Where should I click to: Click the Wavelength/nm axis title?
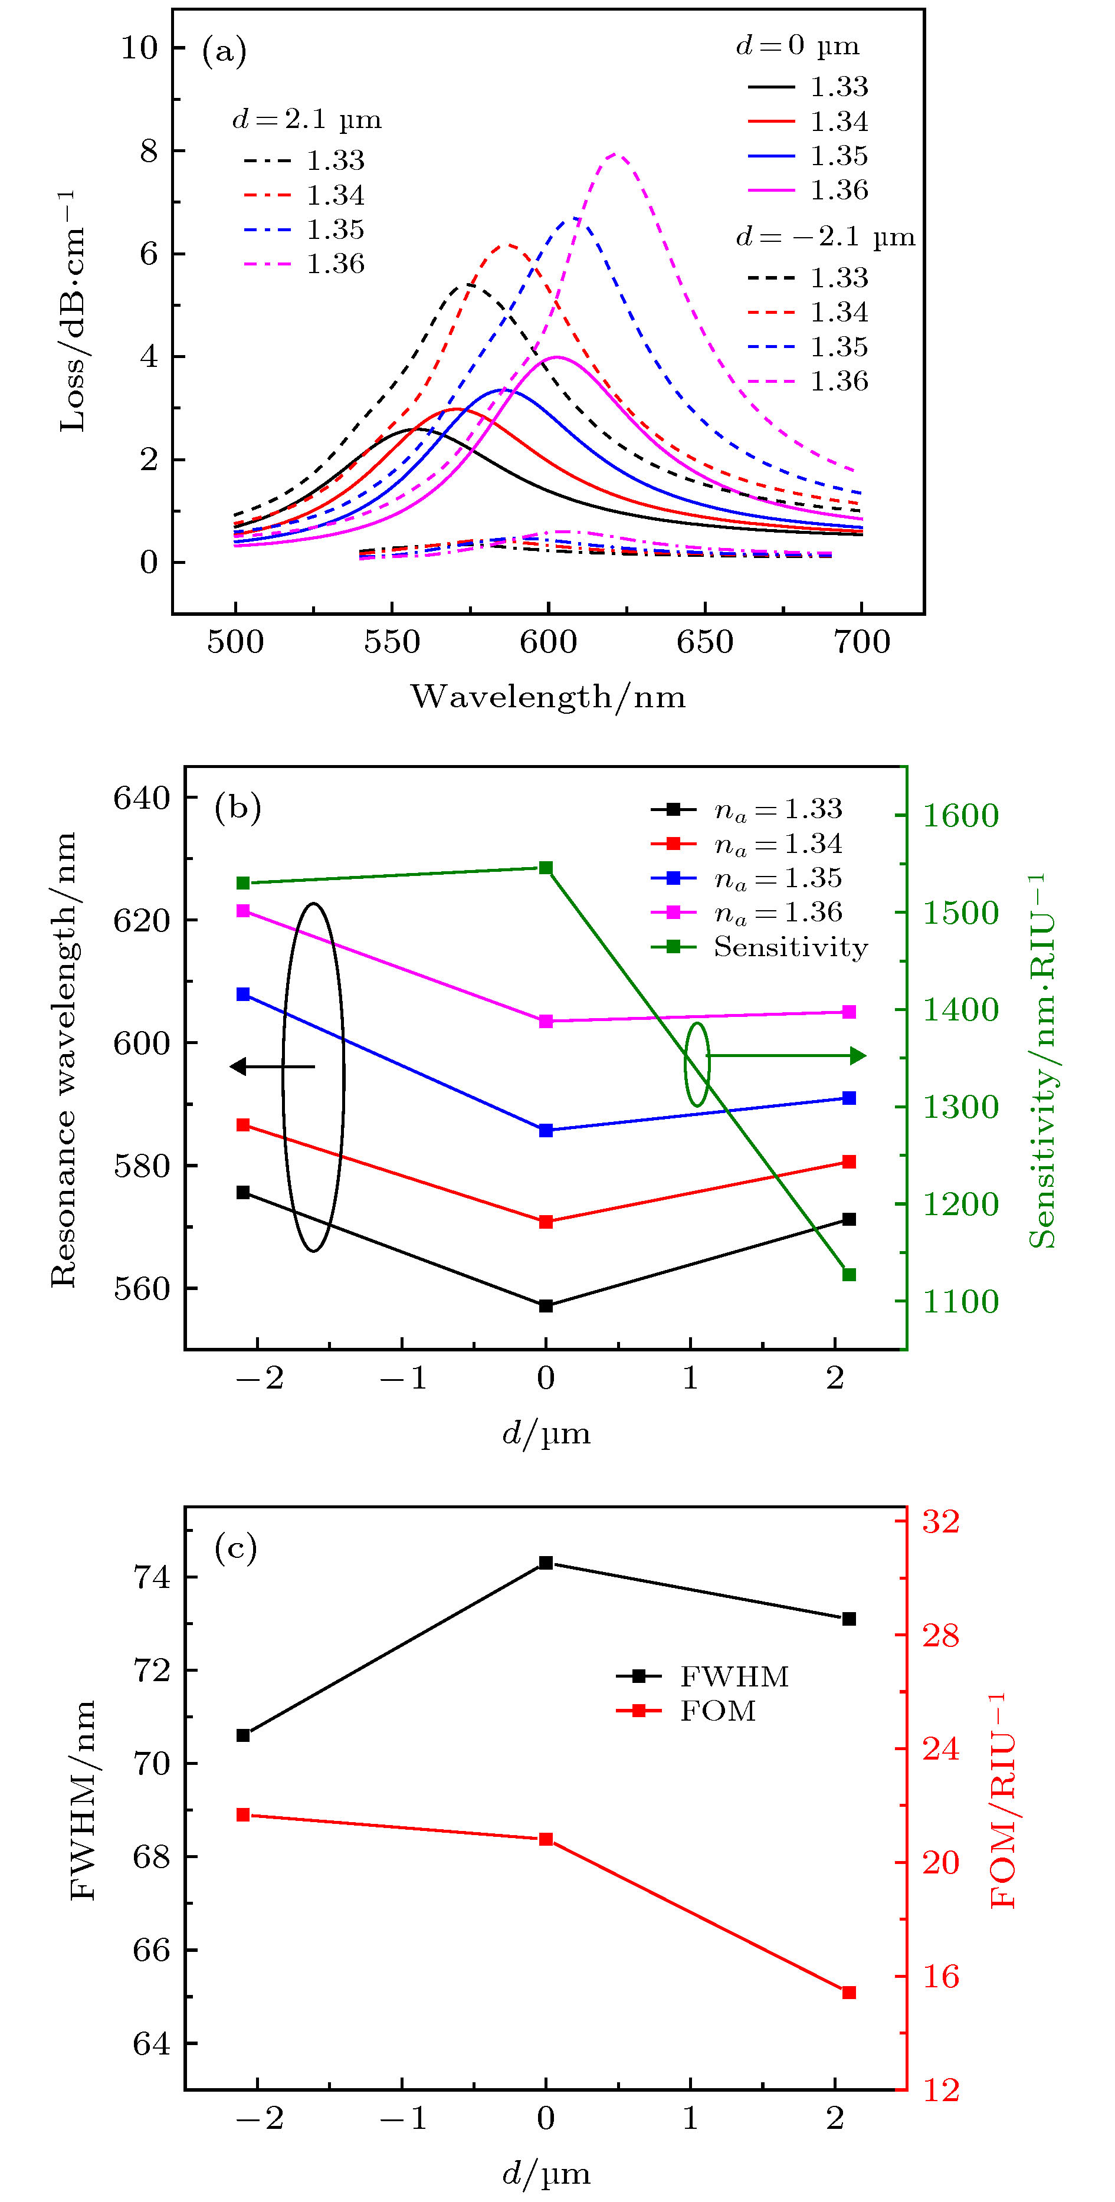tap(548, 697)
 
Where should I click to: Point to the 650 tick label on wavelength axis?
tap(704, 642)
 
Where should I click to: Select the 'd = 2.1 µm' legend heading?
tap(307, 120)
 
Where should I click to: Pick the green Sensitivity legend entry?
tap(759, 947)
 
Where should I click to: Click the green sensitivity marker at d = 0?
tap(546, 868)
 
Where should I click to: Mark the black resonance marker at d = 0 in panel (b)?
tap(546, 1305)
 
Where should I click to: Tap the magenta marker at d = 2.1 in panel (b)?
tap(849, 1012)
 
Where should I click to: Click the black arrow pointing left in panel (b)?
tap(272, 1066)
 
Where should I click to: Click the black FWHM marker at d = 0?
tap(546, 1563)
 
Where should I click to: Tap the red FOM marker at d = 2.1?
tap(849, 1993)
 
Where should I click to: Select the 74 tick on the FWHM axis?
tap(152, 1577)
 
